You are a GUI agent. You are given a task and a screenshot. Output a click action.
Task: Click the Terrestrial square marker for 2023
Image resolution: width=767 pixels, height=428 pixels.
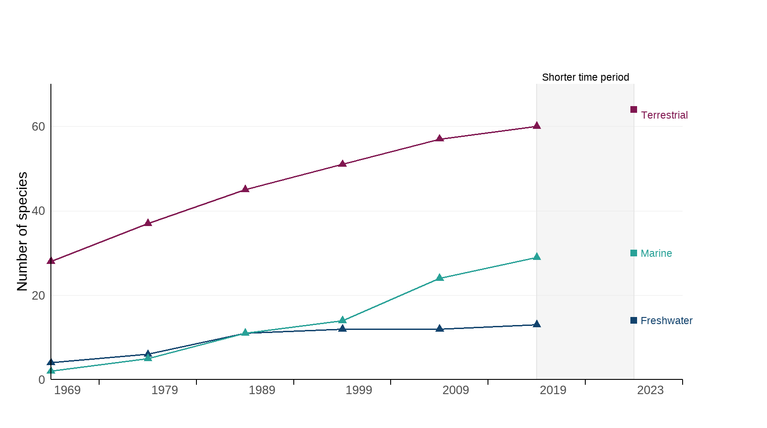coord(634,110)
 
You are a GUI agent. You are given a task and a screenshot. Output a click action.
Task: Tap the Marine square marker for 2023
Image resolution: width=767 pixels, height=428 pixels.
coord(634,253)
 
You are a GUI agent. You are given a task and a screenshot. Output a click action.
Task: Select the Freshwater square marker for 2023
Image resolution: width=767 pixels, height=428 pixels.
coord(634,321)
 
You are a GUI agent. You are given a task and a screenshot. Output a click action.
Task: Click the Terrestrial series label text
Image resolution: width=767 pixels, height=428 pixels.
coord(664,115)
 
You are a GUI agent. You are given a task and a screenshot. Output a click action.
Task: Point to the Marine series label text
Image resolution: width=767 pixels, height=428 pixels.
coord(656,253)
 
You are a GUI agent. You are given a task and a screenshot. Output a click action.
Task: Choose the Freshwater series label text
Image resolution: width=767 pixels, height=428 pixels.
coord(666,321)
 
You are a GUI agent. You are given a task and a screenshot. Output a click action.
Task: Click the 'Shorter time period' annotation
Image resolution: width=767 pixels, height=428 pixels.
coord(585,77)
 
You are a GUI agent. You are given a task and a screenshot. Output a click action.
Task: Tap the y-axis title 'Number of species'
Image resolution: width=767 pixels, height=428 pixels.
coord(22,231)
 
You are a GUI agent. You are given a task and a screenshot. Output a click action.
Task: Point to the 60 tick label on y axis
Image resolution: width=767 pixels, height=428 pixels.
coord(38,127)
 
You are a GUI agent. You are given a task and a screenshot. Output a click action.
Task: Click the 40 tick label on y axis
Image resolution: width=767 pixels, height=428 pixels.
coord(38,211)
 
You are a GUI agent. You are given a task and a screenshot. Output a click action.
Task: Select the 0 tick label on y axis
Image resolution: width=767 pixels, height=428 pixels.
coord(42,380)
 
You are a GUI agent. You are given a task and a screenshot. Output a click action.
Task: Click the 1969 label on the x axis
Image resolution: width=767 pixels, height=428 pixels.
coord(67,390)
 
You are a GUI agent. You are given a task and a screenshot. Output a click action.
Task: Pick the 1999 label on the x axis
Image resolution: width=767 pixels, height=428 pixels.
coord(358,390)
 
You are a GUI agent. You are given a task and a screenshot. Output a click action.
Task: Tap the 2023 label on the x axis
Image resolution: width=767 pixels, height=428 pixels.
coord(650,390)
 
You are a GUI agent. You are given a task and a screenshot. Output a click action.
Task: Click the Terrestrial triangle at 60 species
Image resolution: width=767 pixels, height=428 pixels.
coord(537,126)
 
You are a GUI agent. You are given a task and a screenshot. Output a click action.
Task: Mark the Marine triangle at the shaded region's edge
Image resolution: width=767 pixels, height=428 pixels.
coord(537,257)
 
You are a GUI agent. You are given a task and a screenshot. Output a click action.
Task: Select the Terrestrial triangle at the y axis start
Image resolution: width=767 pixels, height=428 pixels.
coord(51,261)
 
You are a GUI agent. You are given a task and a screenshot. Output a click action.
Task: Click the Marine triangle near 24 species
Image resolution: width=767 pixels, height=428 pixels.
coord(439,278)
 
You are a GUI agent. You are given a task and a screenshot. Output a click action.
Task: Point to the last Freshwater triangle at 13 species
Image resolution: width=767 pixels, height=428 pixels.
coord(537,324)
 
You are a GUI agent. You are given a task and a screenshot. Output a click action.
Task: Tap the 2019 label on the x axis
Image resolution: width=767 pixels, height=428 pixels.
coord(553,390)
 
